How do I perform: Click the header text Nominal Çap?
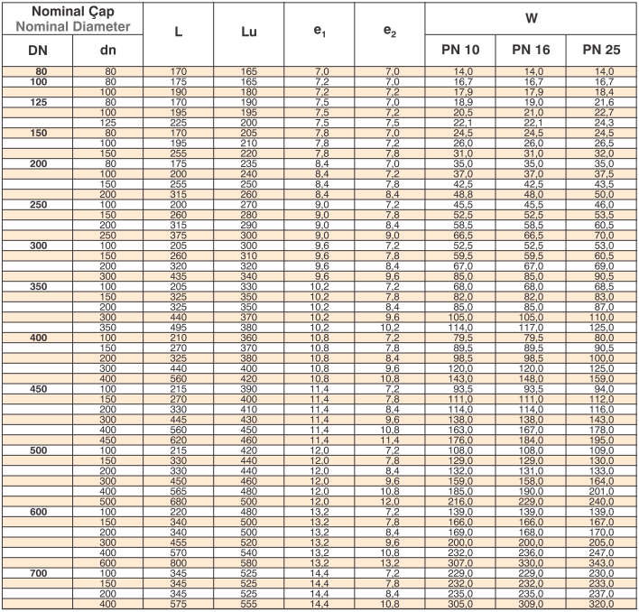click(72, 12)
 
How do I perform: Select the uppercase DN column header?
click(37, 51)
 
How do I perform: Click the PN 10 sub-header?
click(458, 51)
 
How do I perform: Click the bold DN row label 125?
click(37, 102)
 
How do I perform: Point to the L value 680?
click(179, 502)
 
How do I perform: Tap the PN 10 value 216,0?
click(458, 502)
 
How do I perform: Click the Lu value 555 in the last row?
click(249, 604)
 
